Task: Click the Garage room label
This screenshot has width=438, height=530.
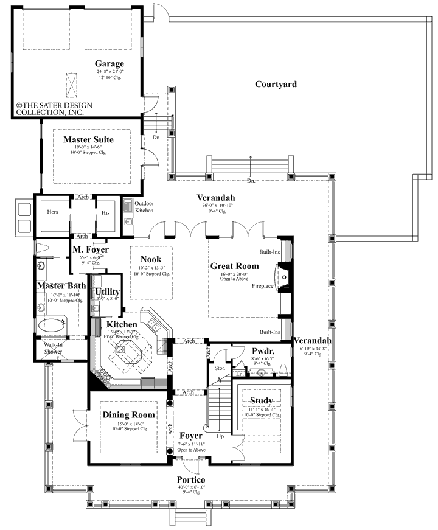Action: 109,63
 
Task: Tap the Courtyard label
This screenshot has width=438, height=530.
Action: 276,85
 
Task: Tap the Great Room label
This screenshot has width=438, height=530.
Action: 234,266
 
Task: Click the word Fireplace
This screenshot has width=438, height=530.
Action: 264,285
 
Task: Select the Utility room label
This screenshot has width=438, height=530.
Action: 108,292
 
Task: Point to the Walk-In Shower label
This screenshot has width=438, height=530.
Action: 53,348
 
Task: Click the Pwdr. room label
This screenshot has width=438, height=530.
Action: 263,352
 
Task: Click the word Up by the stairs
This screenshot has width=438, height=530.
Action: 220,436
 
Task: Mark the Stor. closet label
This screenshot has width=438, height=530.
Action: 220,368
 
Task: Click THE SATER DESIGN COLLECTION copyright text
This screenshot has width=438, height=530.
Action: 54,109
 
